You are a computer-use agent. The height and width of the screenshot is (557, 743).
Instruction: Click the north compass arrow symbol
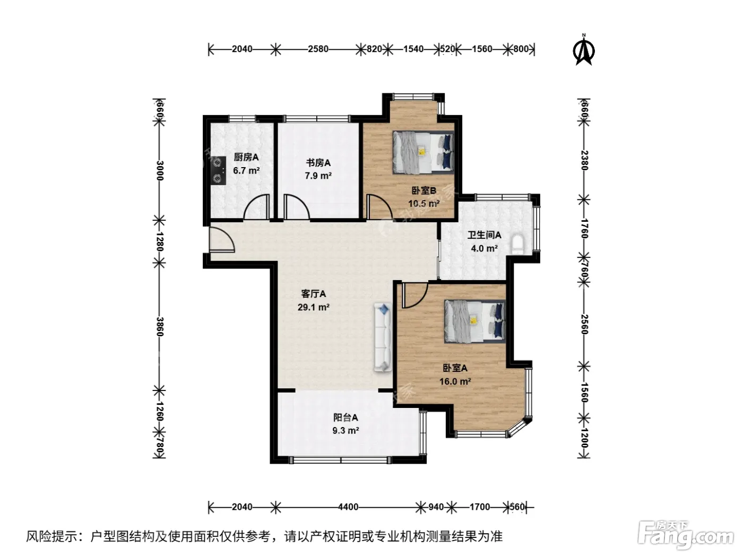click(584, 51)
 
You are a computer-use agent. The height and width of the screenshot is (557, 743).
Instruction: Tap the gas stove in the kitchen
click(218, 170)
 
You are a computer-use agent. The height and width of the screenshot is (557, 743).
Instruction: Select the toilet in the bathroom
click(517, 244)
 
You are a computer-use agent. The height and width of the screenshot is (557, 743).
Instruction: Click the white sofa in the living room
click(383, 337)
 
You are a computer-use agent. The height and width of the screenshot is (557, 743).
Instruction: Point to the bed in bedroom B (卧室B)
click(423, 152)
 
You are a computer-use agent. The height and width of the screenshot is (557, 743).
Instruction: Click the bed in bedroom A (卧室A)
click(475, 321)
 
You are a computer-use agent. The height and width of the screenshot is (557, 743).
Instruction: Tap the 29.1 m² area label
click(314, 307)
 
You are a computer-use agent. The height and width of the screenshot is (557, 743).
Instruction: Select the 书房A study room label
click(318, 163)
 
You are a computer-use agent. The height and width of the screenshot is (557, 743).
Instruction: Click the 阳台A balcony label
click(345, 417)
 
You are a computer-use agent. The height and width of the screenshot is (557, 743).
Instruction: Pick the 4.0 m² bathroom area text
click(484, 249)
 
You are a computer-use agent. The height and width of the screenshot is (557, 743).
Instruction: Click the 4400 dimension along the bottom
click(348, 507)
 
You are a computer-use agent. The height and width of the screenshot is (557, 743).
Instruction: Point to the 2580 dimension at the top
click(318, 49)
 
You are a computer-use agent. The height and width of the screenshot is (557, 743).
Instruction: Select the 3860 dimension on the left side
click(160, 327)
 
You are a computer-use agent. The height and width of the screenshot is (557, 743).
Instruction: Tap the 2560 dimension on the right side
click(584, 324)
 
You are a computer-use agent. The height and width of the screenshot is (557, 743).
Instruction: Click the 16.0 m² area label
click(455, 381)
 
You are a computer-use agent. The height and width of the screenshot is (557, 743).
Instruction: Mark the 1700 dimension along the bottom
click(480, 507)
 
